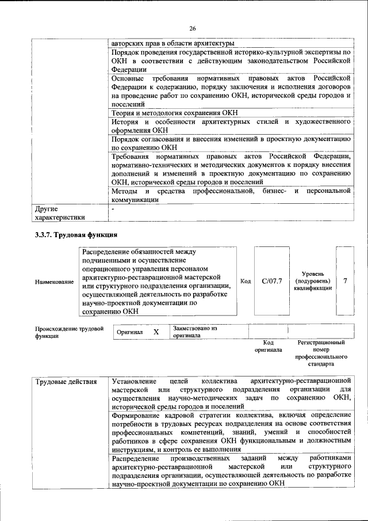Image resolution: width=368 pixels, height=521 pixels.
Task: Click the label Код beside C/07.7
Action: [x=246, y=281]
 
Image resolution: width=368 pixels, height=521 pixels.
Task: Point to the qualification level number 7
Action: [x=345, y=281]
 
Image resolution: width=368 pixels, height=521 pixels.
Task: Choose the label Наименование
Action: [x=54, y=282]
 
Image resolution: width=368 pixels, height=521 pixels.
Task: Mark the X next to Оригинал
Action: [x=156, y=332]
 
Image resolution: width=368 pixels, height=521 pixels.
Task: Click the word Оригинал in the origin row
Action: [x=130, y=333]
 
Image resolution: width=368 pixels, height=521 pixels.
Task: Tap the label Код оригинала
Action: [x=268, y=346]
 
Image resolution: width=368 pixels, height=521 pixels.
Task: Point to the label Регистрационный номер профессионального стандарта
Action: [x=321, y=353]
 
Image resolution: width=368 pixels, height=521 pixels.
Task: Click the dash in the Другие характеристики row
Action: [x=114, y=208]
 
